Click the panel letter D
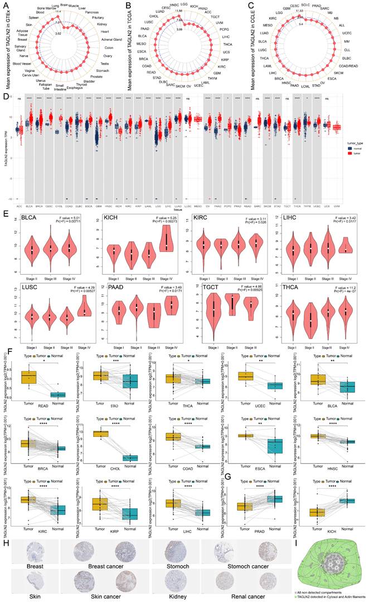point(6,96)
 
